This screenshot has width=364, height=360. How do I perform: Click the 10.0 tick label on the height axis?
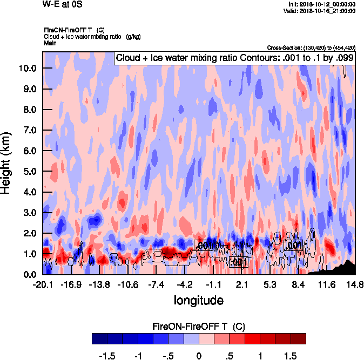(28, 68)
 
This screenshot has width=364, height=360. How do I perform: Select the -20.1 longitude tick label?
(43, 285)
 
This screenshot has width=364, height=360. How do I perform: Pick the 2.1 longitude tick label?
(241, 285)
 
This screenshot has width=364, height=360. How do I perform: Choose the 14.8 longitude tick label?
(354, 285)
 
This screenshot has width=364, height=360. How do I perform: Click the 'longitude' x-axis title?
(198, 300)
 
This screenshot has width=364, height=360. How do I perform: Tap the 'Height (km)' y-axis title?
(6, 163)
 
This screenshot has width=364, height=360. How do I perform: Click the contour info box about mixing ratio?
(234, 58)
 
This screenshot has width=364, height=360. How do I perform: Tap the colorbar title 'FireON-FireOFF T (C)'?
(199, 327)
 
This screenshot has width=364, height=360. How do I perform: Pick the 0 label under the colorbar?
(199, 356)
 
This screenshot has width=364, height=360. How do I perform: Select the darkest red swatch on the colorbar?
(298, 338)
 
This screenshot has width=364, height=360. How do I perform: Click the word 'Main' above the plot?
(50, 43)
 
